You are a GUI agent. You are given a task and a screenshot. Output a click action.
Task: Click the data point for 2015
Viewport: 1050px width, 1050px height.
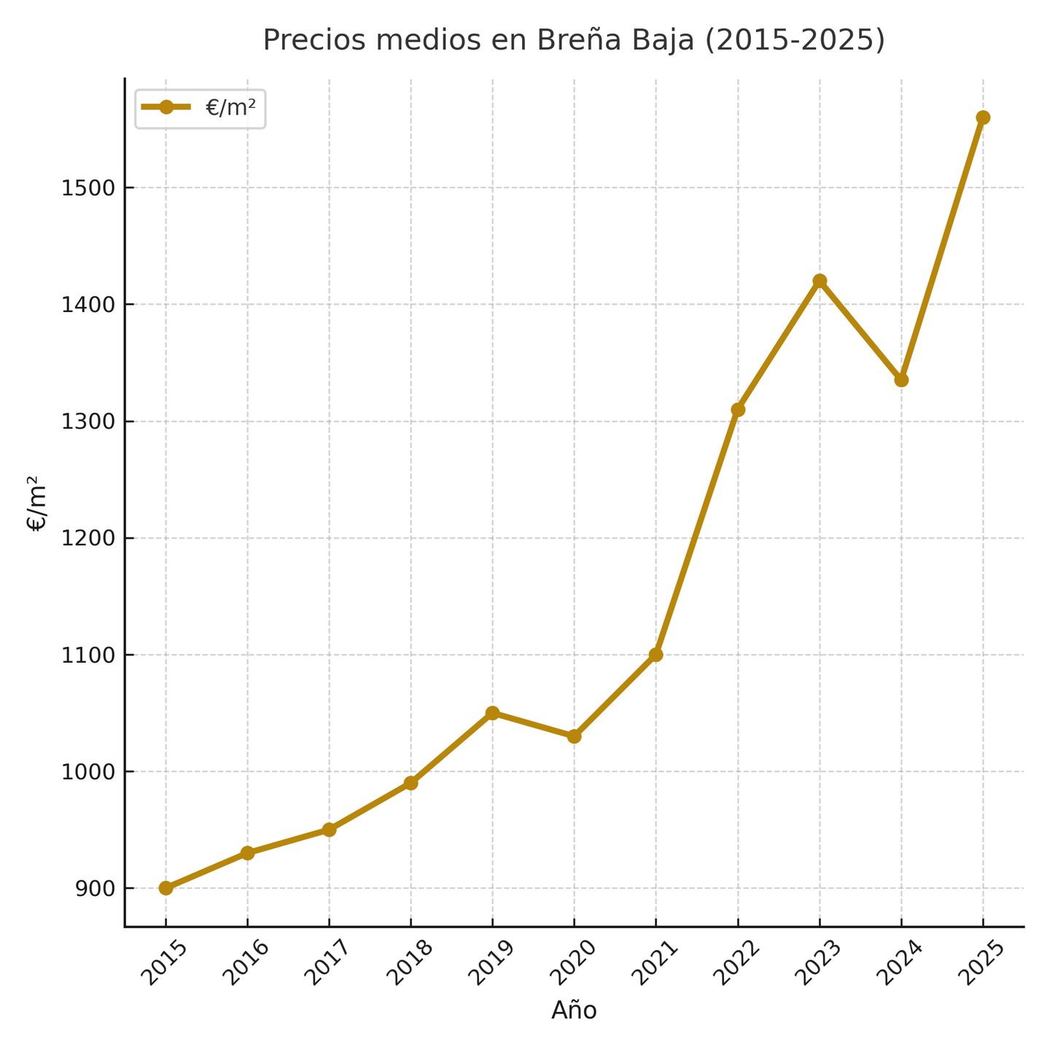coord(166,887)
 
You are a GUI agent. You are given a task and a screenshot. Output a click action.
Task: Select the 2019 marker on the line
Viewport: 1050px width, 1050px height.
coord(492,712)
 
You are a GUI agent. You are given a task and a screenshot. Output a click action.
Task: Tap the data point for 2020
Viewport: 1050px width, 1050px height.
coord(574,736)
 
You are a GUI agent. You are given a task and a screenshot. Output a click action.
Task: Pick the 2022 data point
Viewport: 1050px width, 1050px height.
coord(738,409)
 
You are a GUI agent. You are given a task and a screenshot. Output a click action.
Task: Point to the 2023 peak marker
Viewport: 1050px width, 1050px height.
coord(820,281)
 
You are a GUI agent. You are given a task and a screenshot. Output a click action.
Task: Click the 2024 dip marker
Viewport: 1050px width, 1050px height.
coord(901,380)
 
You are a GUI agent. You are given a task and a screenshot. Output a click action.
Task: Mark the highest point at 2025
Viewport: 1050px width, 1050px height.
coord(983,117)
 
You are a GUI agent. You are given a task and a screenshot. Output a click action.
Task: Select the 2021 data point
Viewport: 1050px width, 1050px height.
coord(656,654)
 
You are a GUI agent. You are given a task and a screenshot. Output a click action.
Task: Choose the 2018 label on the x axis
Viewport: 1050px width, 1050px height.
coord(411,962)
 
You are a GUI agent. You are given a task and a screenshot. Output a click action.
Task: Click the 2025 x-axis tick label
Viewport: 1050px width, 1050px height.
coord(982,962)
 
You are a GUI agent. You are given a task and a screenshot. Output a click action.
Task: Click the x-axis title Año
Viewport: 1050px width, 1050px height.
coord(574,1011)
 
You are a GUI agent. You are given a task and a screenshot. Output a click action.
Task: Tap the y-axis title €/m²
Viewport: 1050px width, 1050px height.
coord(36,503)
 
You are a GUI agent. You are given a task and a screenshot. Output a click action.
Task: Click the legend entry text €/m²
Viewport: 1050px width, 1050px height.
coord(230,108)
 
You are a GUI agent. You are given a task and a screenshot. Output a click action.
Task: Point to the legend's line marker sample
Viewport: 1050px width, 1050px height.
coord(166,107)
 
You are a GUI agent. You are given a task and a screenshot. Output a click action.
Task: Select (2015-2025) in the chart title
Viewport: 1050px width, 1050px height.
coord(796,40)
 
